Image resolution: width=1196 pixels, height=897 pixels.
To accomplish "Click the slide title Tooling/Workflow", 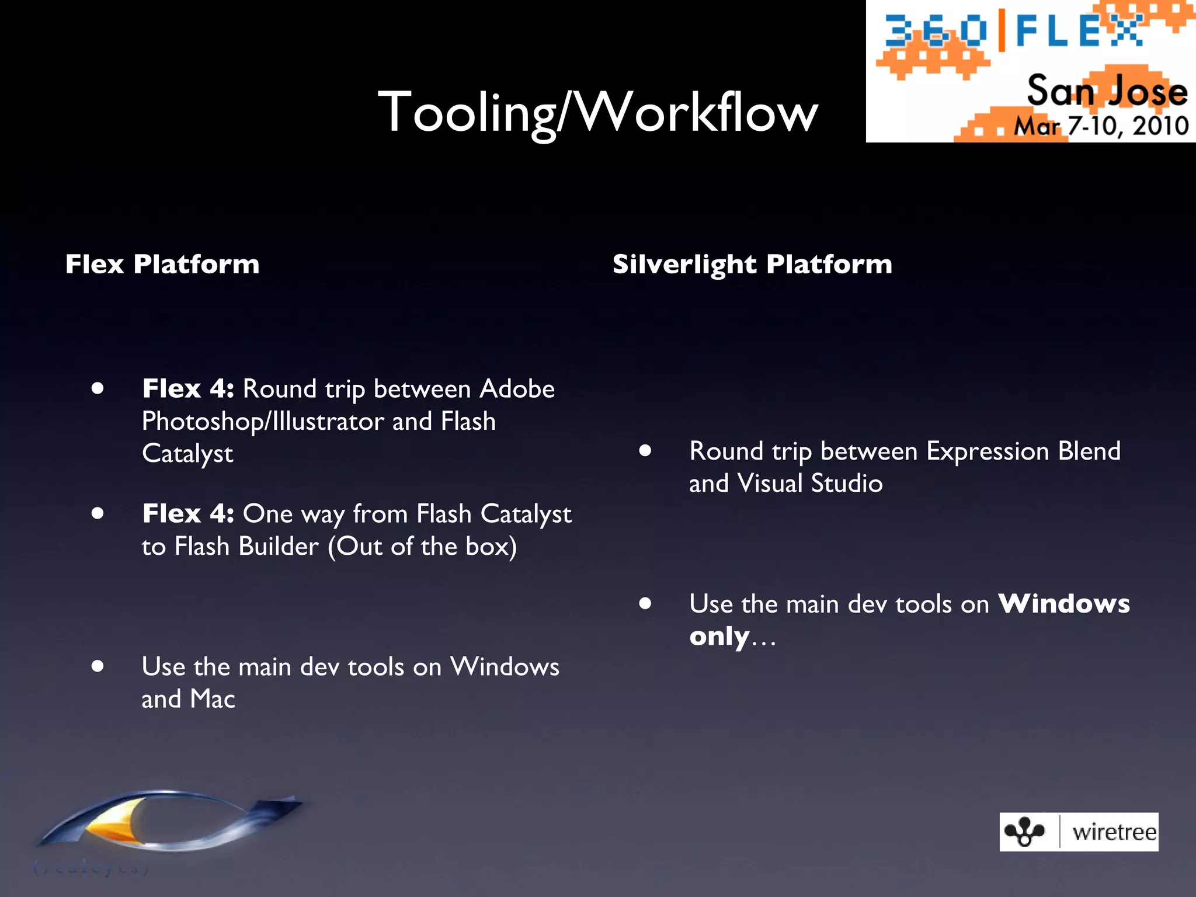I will (597, 112).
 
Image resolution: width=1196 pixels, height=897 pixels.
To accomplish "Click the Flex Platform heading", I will (162, 264).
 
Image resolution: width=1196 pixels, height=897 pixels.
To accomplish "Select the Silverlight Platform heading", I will (752, 264).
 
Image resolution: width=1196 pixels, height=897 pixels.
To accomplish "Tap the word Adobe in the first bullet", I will (517, 389).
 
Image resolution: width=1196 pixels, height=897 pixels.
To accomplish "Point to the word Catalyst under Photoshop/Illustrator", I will (187, 454).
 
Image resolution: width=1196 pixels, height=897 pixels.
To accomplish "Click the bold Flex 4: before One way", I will (188, 514).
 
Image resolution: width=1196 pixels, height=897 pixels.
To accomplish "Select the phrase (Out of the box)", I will (422, 547).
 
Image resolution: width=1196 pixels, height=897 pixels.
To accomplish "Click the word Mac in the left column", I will (213, 699).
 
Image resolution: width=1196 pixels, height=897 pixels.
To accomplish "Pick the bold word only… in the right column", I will (732, 637).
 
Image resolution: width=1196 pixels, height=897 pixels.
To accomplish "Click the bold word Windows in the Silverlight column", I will (1064, 604).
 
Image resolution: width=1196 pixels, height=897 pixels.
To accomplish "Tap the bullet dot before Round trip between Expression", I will (645, 450).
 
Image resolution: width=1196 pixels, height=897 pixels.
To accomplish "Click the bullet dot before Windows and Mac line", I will (98, 666).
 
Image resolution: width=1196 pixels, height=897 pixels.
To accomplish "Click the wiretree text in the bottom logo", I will (1114, 832).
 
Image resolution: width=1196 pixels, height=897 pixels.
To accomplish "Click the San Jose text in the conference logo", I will (1107, 91).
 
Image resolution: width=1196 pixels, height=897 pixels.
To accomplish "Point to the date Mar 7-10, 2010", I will (1101, 126).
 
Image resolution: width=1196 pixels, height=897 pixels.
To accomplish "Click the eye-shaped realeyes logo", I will (169, 823).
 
